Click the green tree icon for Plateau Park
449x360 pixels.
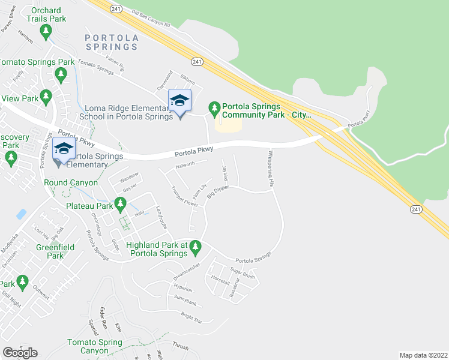[x=120, y=206]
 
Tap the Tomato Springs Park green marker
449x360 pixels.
[x=59, y=74]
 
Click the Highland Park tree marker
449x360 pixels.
[x=195, y=247]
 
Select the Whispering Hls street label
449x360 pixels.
[x=271, y=167]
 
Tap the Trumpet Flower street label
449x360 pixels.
[x=185, y=196]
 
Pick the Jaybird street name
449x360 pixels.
[x=226, y=170]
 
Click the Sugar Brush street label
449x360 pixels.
[x=243, y=274]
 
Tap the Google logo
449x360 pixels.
[x=20, y=352]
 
